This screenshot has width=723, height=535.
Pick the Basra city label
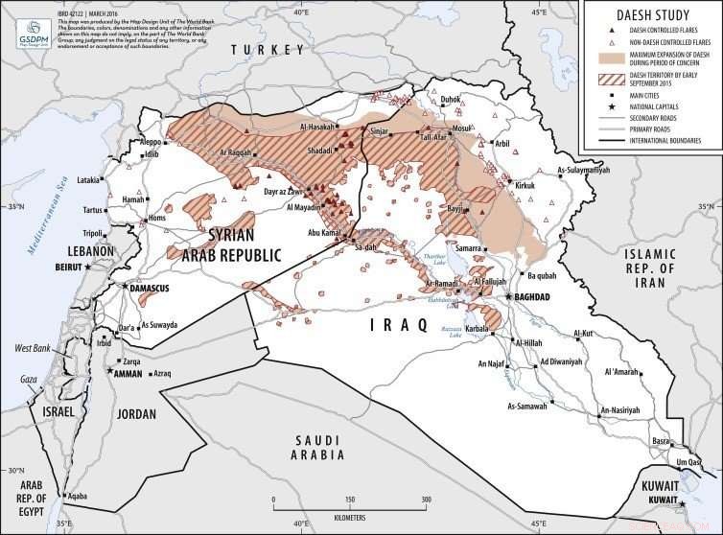[x=661, y=441]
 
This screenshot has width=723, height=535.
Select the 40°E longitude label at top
[x=300, y=12]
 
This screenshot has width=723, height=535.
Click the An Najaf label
[x=492, y=364]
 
